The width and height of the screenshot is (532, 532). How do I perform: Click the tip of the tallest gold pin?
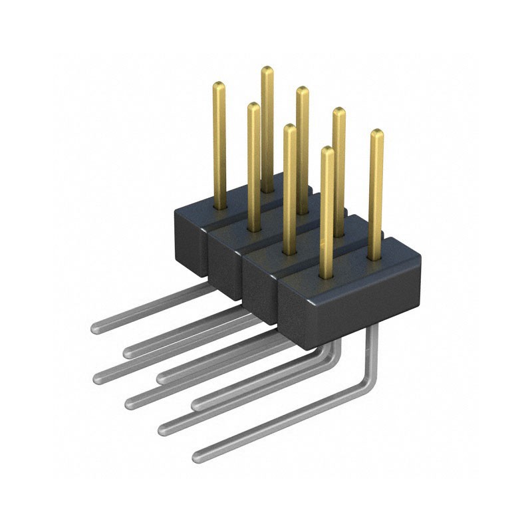coord(267,69)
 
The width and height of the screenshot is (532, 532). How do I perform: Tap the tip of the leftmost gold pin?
coord(219,84)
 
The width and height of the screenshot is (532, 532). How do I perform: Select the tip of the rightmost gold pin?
coord(376,132)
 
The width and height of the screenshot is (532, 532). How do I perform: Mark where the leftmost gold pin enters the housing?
coord(219,205)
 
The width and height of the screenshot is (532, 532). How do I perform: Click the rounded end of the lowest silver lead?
coord(198,457)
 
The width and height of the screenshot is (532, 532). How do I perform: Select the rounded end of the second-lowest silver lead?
coord(162,429)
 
